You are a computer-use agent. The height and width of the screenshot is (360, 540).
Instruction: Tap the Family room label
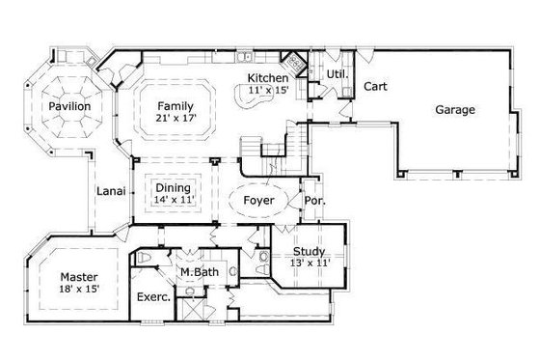click(175, 106)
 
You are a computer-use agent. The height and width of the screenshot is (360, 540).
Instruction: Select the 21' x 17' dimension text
click(175, 120)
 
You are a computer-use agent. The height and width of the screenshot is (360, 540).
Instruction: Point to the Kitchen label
click(267, 78)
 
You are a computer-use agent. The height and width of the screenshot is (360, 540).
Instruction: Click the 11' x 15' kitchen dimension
click(267, 90)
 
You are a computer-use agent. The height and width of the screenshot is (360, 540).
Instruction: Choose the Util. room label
click(337, 72)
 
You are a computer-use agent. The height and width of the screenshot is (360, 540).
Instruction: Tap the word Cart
click(375, 86)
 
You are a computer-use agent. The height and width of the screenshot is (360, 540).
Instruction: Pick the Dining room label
click(173, 187)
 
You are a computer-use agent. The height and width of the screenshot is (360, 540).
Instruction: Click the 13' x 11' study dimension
click(310, 262)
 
